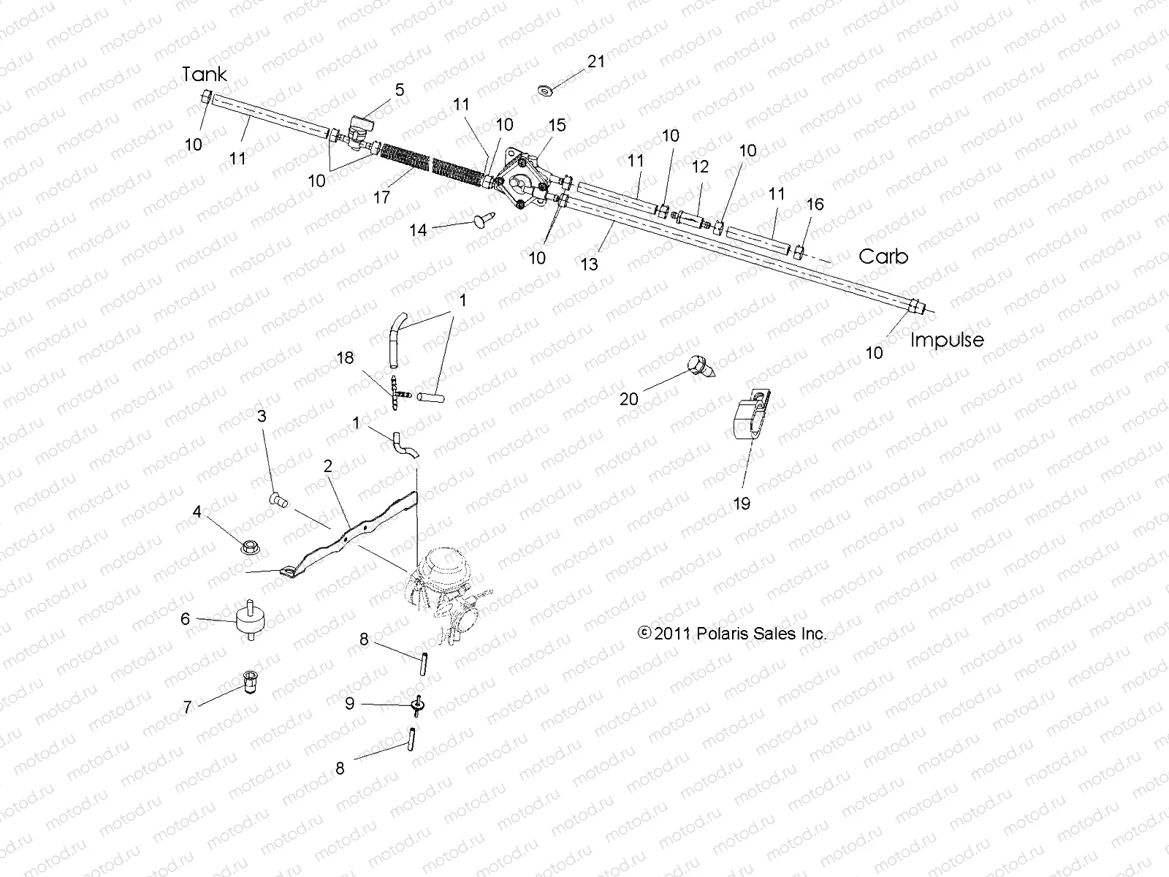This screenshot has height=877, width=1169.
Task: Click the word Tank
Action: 204,75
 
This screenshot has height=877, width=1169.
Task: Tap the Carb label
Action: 883,257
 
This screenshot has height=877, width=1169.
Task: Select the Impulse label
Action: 947,340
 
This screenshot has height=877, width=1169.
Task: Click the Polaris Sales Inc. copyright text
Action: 733,634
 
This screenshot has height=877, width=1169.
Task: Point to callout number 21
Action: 596,61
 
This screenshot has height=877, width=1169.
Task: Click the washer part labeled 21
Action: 545,91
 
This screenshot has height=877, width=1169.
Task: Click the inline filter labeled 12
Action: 690,218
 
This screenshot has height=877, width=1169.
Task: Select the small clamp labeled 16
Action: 800,253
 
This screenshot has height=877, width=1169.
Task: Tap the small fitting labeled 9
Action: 419,705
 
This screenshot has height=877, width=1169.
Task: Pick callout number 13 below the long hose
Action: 589,264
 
